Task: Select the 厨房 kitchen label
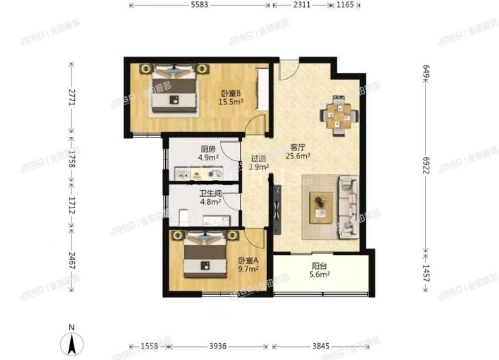[x=208, y=150]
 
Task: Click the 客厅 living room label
[x=299, y=147]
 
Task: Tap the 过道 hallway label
[x=259, y=158]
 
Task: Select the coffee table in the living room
[x=321, y=207]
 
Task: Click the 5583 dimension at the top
[x=200, y=5]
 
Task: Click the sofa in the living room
[x=349, y=207]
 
